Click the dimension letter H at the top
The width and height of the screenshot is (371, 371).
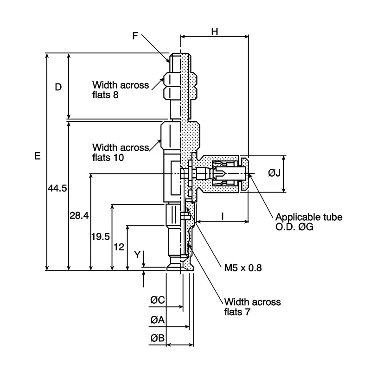click(x=215, y=32)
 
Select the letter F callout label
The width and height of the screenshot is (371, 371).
click(x=135, y=36)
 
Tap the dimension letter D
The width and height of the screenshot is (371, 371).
click(x=58, y=87)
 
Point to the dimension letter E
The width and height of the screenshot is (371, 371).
click(x=38, y=156)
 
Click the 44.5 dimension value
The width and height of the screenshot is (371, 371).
click(x=58, y=188)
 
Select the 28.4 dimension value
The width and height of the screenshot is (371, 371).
click(x=79, y=216)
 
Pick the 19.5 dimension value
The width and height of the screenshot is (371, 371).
click(x=101, y=237)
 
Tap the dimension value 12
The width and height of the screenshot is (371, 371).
click(x=119, y=247)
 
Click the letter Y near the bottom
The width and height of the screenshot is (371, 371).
click(x=137, y=255)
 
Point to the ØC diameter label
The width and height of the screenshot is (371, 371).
click(x=158, y=300)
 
